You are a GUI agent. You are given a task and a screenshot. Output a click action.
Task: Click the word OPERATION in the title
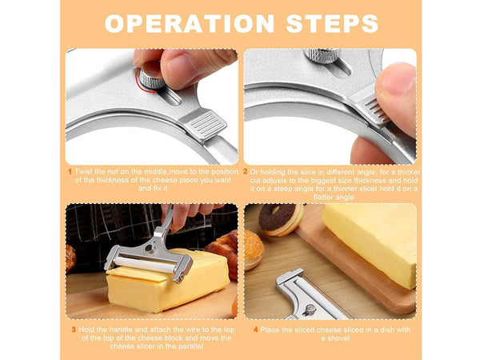[x=189, y=23]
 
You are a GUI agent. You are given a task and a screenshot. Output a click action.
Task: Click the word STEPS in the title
[x=332, y=23]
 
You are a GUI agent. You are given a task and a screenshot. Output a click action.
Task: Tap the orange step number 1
[x=70, y=172]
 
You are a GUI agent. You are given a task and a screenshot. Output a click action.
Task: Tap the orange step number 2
[x=246, y=172]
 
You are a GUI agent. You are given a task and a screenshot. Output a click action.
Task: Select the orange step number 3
[x=74, y=330]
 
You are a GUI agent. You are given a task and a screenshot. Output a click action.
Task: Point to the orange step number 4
[x=256, y=330]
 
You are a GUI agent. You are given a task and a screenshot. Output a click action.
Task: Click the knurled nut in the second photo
[x=322, y=55]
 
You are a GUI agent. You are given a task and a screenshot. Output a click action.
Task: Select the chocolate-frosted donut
[x=281, y=219]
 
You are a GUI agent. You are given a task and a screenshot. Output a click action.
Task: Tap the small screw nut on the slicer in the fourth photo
[x=310, y=310]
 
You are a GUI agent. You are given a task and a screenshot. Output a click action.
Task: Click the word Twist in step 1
[x=82, y=172]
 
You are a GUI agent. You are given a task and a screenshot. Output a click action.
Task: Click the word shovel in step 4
[x=339, y=338]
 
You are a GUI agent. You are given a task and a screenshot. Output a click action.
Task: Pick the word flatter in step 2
[x=324, y=197]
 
